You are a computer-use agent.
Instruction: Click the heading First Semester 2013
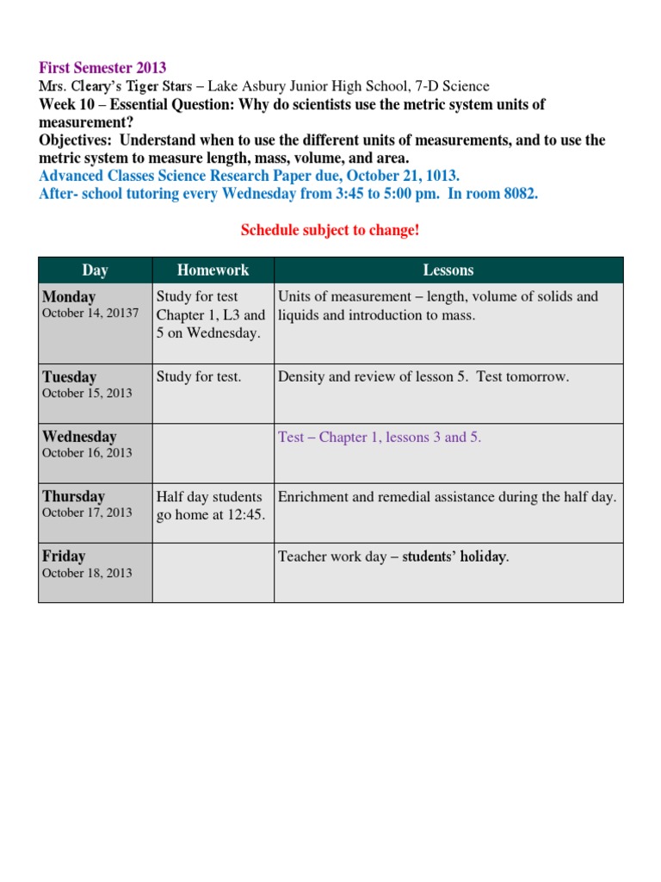tap(102, 68)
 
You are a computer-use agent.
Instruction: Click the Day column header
tap(95, 270)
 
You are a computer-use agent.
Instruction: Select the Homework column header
tap(213, 270)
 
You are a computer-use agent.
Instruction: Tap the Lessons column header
tap(448, 270)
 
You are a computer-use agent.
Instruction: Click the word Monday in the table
tap(69, 297)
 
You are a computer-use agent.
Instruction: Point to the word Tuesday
tap(69, 377)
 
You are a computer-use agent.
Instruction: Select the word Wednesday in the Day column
tap(79, 437)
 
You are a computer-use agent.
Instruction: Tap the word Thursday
tap(73, 496)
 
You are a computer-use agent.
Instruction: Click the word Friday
tap(64, 556)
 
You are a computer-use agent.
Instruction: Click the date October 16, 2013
tap(87, 453)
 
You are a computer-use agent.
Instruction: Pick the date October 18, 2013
tap(87, 573)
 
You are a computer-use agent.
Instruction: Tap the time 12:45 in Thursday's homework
tap(246, 515)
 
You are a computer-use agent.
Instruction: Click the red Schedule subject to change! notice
tap(330, 230)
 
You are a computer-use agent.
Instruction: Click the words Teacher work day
tap(332, 557)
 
